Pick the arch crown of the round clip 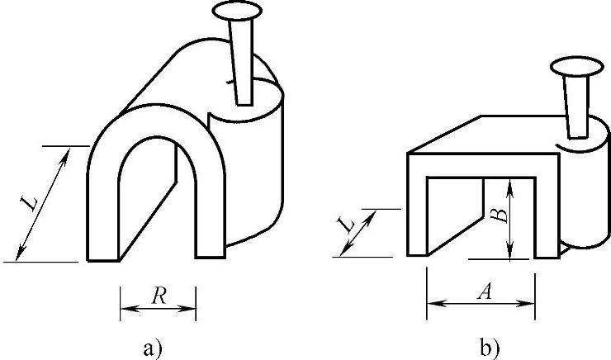154,124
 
